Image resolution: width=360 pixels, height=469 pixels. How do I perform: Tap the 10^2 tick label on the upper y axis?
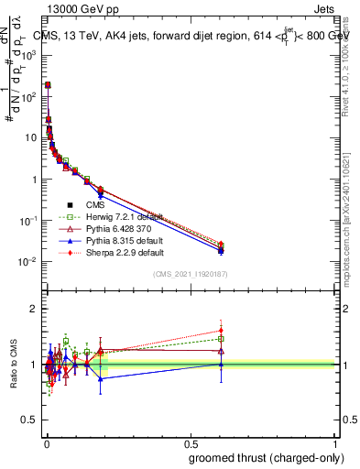(27, 96)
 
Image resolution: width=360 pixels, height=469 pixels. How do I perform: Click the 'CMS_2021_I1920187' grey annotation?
(191, 274)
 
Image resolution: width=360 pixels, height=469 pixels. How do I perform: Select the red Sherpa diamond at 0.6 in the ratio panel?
(221, 331)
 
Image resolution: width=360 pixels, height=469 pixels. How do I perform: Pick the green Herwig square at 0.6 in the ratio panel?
(221, 339)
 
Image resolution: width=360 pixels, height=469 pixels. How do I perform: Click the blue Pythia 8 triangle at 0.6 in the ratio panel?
(221, 364)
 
